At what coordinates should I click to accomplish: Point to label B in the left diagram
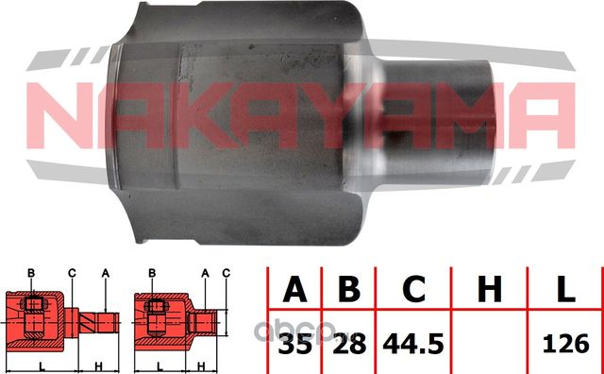31,273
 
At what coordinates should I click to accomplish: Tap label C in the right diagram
226,273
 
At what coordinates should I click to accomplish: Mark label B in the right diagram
153,273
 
